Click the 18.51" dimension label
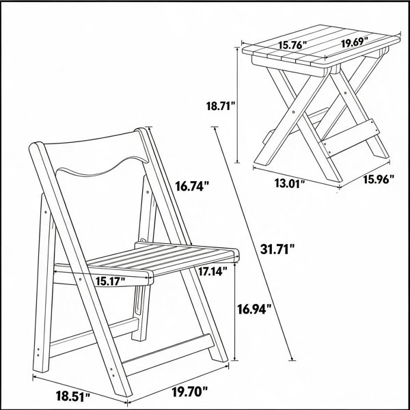73,396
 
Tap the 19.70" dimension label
190,392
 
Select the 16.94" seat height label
254,309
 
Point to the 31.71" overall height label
277,249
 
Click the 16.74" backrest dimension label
192,186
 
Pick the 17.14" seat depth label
213,271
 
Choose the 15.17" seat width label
110,282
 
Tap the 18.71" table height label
221,106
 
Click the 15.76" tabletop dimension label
292,45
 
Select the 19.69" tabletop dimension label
355,42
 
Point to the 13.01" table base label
290,184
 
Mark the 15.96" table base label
379,179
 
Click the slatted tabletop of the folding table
321,46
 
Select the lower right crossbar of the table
351,137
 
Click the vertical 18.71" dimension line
237,105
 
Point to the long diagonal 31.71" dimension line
253,243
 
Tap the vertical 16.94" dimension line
235,312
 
